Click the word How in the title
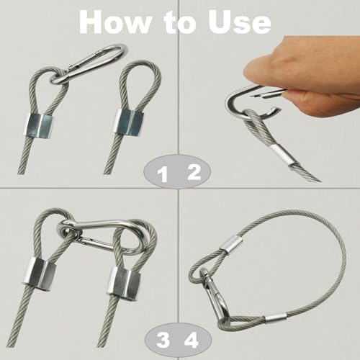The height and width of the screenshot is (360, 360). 114,22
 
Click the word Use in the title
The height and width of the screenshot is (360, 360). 240,22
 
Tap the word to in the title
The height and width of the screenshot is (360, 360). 180,23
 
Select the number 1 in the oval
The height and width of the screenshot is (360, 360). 163,175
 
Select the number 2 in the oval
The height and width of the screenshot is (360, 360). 194,173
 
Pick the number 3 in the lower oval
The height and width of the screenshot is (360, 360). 163,341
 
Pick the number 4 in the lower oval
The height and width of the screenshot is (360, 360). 192,340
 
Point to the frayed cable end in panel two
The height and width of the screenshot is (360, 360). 305,172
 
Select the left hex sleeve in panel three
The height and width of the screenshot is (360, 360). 40,271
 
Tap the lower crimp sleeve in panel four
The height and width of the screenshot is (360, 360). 277,318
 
